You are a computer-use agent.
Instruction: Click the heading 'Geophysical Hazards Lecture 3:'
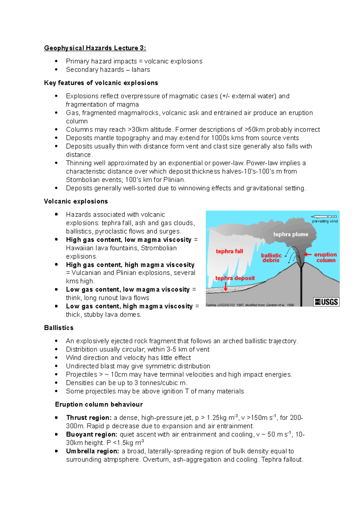point(95,48)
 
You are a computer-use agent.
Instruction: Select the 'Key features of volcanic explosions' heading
point(101,83)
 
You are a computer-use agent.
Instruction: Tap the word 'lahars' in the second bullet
point(141,70)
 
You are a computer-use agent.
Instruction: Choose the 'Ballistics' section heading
point(59,328)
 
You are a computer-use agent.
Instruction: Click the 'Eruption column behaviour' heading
point(99,405)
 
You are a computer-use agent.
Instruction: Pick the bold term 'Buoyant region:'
point(92,434)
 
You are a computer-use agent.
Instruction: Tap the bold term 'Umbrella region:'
point(93,451)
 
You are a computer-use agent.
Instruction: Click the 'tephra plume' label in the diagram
point(291,234)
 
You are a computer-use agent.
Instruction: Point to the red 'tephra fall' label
point(229,251)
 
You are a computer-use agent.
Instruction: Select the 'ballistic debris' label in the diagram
point(271,258)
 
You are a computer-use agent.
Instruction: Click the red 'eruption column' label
point(325,257)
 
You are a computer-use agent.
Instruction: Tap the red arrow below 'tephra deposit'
point(226,286)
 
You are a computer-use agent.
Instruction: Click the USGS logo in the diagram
point(326,302)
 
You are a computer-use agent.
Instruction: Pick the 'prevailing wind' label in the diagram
point(325,221)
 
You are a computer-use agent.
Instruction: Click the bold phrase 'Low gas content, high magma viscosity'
point(129,306)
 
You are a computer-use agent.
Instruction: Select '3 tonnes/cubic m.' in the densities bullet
point(161,383)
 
